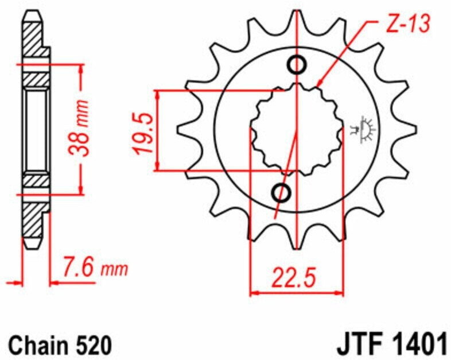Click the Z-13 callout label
click(408, 24)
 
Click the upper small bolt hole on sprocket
click(297, 65)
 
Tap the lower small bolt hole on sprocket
click(281, 192)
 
